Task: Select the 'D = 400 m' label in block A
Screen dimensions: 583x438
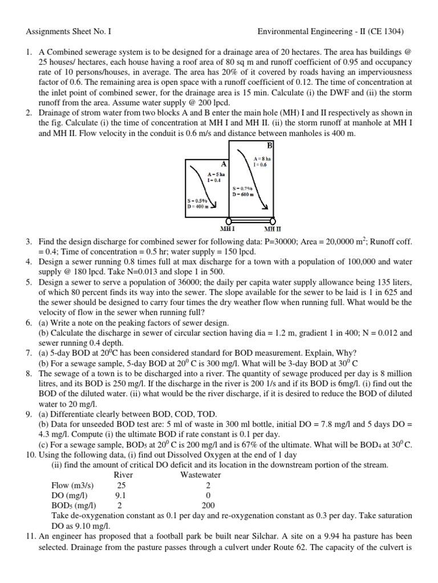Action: pyautogui.click(x=199, y=207)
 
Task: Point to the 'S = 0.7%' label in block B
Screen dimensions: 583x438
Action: pyautogui.click(x=242, y=188)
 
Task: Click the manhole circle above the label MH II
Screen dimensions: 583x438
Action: pyautogui.click(x=273, y=220)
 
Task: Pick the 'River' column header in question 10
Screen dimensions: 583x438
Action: pyautogui.click(x=124, y=474)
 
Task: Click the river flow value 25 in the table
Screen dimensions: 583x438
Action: pyautogui.click(x=121, y=485)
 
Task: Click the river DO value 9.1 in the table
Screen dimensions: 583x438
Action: pyautogui.click(x=121, y=495)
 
